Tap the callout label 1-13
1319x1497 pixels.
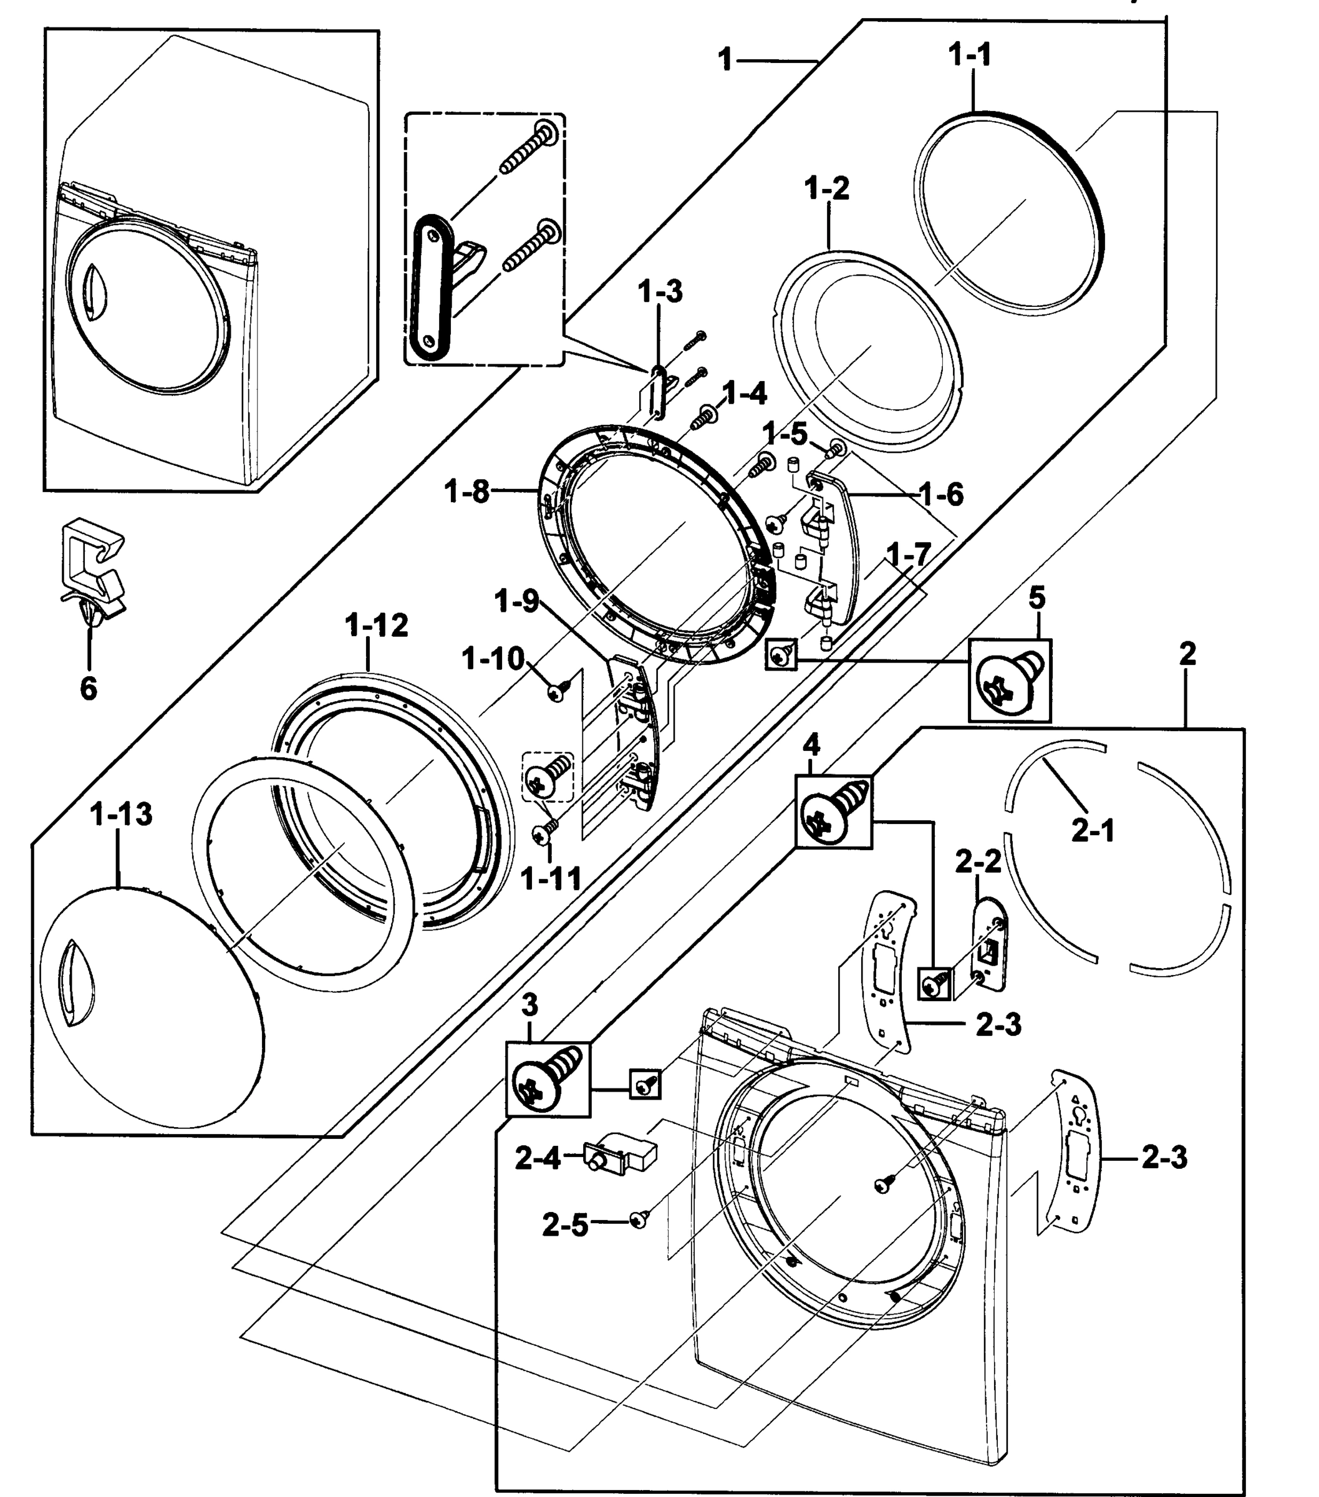(x=121, y=814)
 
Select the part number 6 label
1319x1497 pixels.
(x=88, y=688)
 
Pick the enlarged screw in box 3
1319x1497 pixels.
(x=548, y=1081)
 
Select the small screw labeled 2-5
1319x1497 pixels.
(x=639, y=1219)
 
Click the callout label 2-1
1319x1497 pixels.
(x=1093, y=831)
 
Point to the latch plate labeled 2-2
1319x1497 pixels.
(x=988, y=946)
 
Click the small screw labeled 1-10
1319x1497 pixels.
(x=559, y=689)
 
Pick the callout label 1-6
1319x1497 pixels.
(x=941, y=495)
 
